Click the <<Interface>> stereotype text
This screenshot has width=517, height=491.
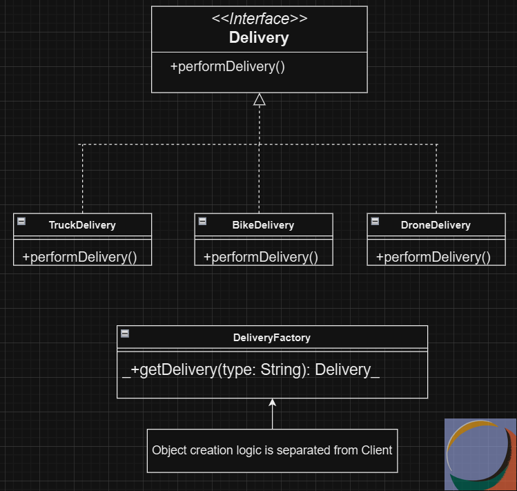tap(259, 19)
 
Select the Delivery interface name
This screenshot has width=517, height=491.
tap(259, 37)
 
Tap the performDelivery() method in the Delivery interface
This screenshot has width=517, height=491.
tap(227, 67)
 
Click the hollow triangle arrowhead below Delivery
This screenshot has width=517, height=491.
tap(260, 99)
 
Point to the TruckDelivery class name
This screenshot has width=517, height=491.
tap(82, 224)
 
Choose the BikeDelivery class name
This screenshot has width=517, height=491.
tap(263, 224)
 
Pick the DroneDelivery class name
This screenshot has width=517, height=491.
tap(436, 224)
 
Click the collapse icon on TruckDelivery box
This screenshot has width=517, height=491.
tap(21, 221)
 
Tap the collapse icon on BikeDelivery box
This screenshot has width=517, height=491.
tap(203, 221)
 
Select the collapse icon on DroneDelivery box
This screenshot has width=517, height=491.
tap(375, 221)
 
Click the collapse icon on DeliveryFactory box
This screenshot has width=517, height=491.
tap(125, 334)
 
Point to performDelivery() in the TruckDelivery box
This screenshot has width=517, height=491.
tap(79, 257)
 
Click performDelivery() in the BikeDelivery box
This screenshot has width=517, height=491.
tap(261, 257)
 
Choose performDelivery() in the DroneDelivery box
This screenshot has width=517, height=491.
tap(433, 257)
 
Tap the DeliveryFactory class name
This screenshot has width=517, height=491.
tap(272, 338)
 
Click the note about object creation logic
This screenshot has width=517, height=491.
tap(272, 450)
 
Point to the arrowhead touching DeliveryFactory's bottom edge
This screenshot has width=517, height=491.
tap(272, 403)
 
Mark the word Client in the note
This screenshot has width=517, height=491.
tap(376, 450)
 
